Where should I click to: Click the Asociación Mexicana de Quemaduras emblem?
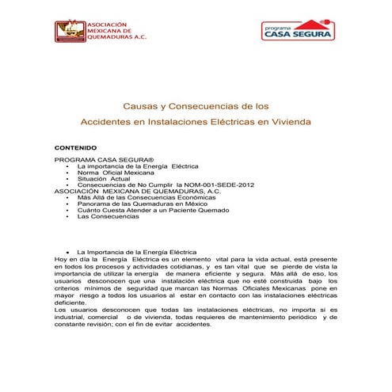click(x=69, y=30)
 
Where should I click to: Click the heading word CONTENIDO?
click(x=75, y=148)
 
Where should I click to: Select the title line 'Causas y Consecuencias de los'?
click(x=196, y=105)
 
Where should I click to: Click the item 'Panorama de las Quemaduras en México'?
click(x=136, y=204)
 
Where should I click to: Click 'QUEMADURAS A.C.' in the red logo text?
click(x=116, y=36)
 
